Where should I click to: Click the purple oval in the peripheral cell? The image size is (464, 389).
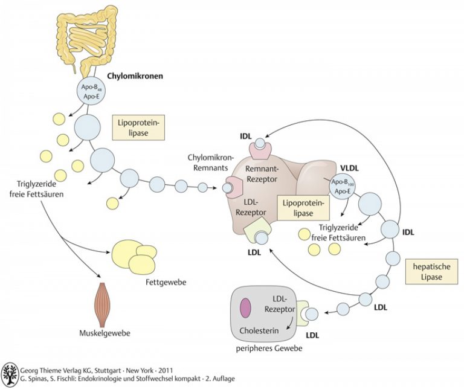click(246, 307)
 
